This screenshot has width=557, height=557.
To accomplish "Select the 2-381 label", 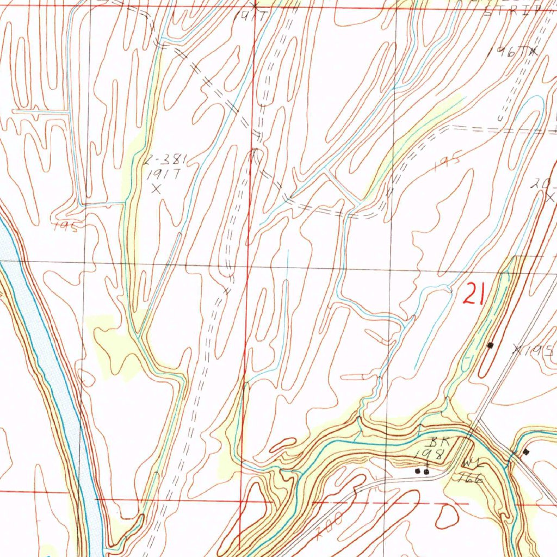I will point(166,159).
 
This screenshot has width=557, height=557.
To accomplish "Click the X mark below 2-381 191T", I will point(157,189).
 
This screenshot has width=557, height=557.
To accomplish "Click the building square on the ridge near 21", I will point(491,345).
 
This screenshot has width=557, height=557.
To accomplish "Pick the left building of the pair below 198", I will point(418,471).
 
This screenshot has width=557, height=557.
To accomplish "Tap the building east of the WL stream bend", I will point(525,451).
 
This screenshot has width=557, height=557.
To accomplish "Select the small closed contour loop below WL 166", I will point(447,517).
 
